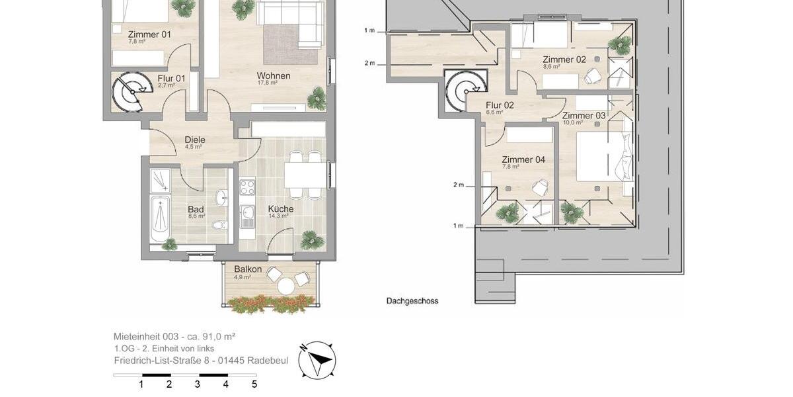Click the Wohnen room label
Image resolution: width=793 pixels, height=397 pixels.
[274, 76]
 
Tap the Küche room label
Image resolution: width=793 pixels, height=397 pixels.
[281, 209]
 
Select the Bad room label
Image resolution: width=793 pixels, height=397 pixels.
[196, 209]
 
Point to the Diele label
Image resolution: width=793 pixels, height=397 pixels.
[195, 140]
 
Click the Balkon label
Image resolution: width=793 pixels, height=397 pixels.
[248, 269]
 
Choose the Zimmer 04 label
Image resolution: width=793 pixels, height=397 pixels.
[523, 159]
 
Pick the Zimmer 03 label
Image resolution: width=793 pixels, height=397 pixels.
[584, 116]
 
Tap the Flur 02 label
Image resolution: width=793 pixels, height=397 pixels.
[500, 105]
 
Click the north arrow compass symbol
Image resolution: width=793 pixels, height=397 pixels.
[317, 360]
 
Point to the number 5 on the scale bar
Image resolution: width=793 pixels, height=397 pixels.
[254, 384]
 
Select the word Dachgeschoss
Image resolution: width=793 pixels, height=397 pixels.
[412, 301]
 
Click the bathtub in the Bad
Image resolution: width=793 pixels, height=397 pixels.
[161, 219]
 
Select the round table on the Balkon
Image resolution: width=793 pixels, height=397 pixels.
[285, 286]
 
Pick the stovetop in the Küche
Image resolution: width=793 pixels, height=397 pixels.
[247, 188]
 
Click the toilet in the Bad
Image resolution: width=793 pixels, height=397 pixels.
[219, 226]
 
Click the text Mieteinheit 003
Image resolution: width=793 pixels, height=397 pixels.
[146, 336]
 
